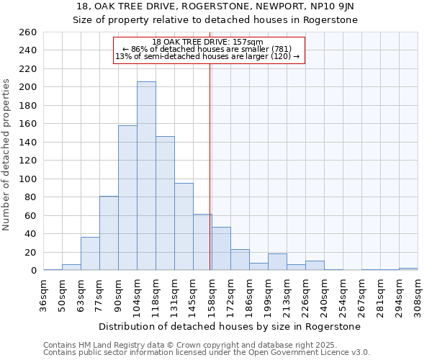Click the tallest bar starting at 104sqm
(146, 176)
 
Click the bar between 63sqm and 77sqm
(90, 253)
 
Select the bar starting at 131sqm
(184, 227)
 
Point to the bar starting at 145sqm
(202, 242)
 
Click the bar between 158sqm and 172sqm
(221, 248)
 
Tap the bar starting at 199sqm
(277, 262)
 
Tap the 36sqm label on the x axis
(44, 291)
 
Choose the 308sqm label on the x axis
(418, 291)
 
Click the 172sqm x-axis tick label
(230, 291)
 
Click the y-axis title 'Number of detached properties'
(7, 166)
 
